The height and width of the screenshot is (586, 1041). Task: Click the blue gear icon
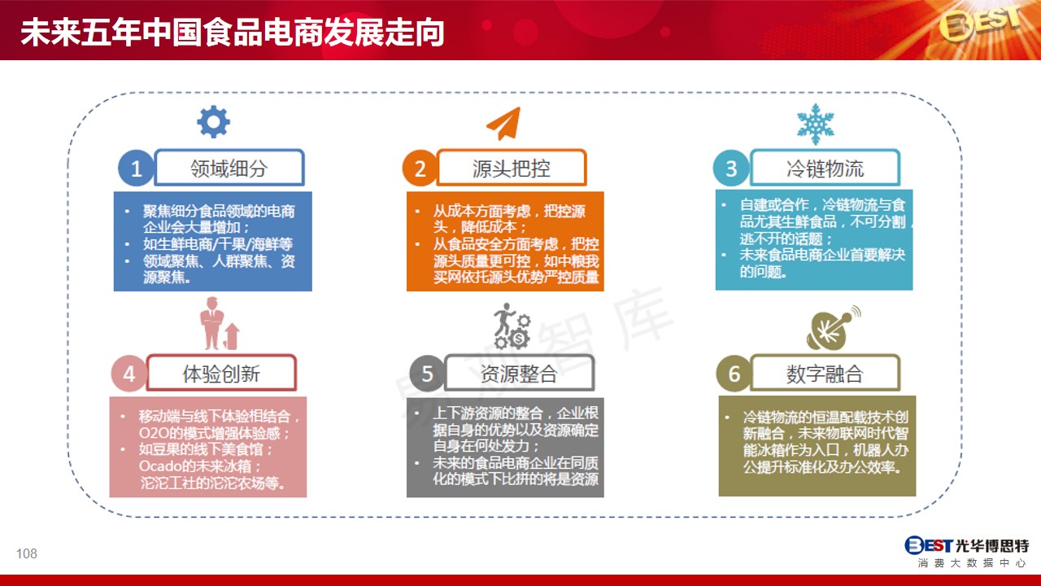213,122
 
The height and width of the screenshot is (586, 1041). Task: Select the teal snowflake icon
816,125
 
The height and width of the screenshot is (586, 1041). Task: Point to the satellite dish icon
833,328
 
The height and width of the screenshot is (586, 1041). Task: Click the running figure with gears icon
512,326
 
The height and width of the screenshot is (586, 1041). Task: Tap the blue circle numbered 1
136,168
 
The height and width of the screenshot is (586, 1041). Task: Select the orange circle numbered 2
420,168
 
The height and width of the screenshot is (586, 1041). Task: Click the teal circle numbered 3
731,168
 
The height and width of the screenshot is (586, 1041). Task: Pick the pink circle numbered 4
128,374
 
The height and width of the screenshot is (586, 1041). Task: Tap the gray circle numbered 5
427,374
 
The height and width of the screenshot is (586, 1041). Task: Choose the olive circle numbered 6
734,374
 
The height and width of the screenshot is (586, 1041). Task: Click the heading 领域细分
229,168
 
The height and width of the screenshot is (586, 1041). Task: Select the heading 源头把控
512,168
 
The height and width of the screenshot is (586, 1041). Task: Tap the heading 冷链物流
825,168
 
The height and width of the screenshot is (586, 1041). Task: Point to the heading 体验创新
221,374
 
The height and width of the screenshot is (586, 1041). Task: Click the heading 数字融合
825,374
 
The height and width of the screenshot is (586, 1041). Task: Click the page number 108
27,553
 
